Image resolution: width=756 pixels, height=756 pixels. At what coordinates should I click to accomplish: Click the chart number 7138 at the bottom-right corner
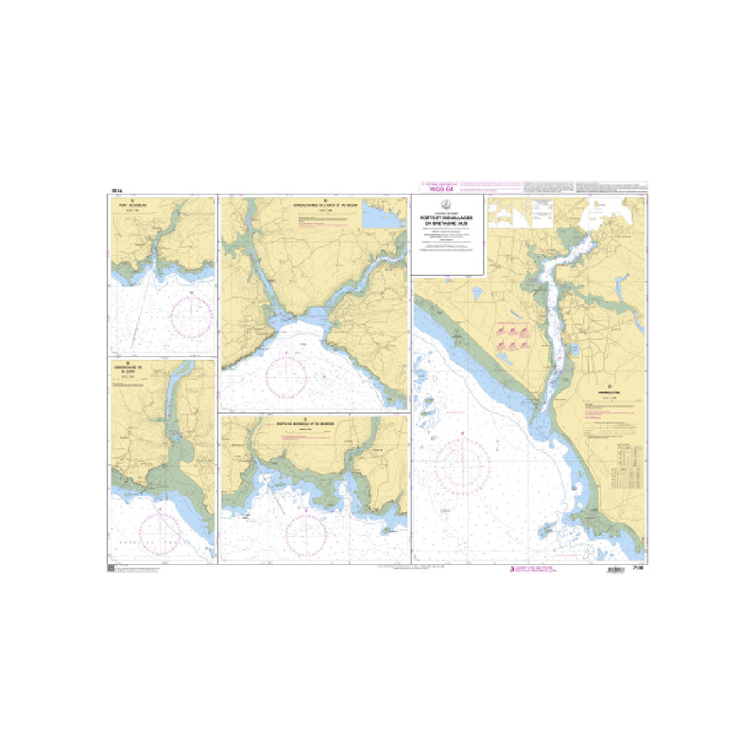point(640,569)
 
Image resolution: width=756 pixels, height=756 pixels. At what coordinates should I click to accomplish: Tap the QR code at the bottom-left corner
point(112,569)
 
